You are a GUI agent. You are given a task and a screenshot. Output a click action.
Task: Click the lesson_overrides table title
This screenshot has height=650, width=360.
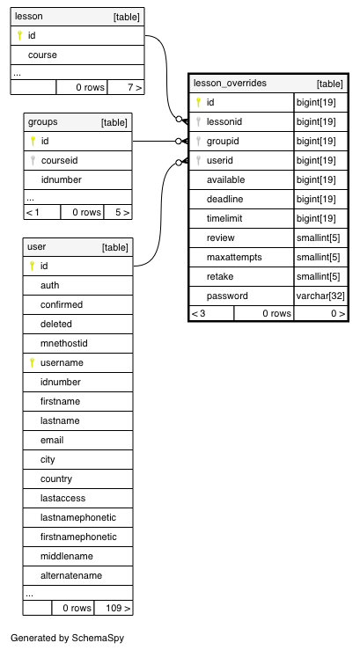(x=230, y=84)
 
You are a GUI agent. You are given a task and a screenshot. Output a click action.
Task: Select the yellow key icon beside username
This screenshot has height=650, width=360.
(x=32, y=362)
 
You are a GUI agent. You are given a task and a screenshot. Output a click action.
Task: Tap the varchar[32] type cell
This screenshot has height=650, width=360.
(x=320, y=296)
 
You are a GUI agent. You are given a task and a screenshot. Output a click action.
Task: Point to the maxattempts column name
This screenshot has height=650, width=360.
(x=234, y=257)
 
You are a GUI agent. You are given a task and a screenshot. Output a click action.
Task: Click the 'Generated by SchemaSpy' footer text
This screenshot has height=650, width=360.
(x=67, y=638)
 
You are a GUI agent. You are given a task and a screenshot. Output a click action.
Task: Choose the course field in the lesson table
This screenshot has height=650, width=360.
(x=42, y=55)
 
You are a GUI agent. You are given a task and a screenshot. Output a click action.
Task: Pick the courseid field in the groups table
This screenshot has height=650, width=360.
(x=59, y=160)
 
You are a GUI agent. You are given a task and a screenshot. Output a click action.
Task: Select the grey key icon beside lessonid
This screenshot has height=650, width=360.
(x=198, y=121)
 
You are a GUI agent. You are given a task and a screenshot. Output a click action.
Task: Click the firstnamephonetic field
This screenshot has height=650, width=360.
(x=78, y=537)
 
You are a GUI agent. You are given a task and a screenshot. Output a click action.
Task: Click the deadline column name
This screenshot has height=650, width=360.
(x=224, y=199)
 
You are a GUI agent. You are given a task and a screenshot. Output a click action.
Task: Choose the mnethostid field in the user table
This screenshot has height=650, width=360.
(x=64, y=343)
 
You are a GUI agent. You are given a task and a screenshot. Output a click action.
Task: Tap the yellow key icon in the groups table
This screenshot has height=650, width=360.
(x=33, y=142)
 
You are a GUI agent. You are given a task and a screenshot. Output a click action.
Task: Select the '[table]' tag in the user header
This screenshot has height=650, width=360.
(x=115, y=247)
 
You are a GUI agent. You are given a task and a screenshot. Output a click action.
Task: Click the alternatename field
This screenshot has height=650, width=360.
(x=71, y=575)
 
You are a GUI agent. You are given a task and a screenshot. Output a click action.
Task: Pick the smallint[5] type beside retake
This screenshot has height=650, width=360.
(x=318, y=276)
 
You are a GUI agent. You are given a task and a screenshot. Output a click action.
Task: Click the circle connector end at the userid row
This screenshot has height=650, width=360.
(x=179, y=163)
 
